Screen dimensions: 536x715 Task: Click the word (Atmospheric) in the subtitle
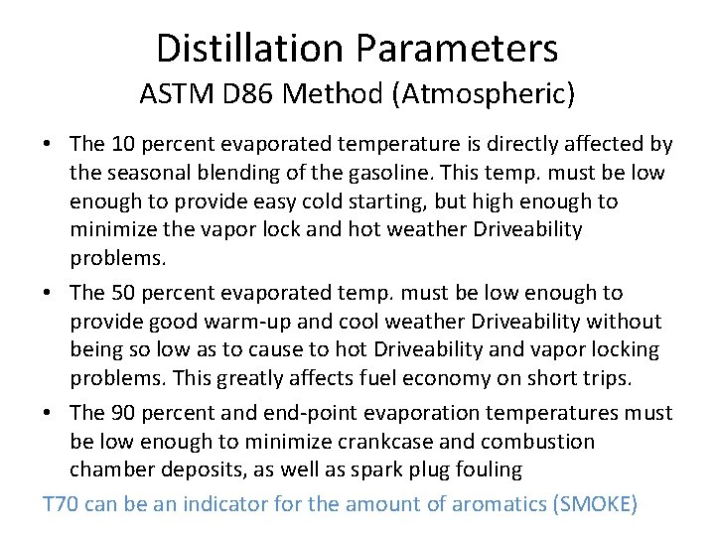499,94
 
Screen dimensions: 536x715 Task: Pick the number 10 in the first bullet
123,145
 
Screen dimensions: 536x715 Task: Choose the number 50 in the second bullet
123,293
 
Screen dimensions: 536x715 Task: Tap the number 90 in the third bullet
123,412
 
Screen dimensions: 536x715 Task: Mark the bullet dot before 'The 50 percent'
48,294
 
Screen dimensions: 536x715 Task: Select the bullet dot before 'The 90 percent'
48,413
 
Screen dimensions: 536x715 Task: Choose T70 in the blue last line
61,504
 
